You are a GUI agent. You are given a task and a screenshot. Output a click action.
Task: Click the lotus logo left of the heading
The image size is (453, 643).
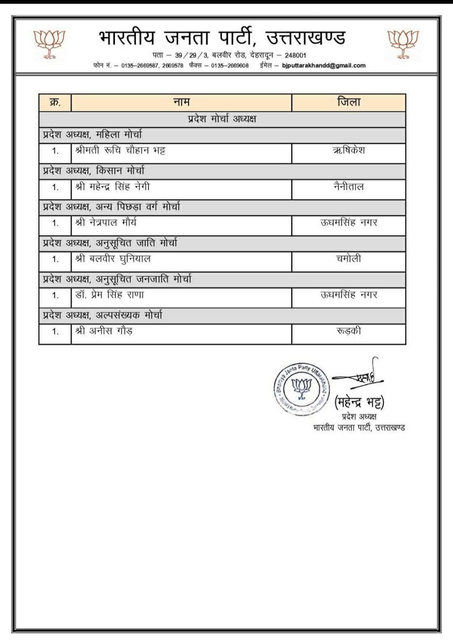pyautogui.click(x=49, y=43)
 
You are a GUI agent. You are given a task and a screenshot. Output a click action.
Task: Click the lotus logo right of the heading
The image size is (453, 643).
pyautogui.click(x=402, y=43)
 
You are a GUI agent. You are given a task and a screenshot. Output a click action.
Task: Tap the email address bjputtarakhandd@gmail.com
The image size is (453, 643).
pyautogui.click(x=324, y=65)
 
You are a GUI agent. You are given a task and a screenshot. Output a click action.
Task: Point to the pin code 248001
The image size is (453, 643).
pyautogui.click(x=296, y=55)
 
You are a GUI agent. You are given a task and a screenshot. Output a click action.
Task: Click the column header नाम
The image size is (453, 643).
pyautogui.click(x=181, y=102)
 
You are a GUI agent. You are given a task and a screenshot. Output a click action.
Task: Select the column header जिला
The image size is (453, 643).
pyautogui.click(x=349, y=102)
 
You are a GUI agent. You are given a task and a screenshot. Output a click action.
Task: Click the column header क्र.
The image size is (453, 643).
pyautogui.click(x=55, y=102)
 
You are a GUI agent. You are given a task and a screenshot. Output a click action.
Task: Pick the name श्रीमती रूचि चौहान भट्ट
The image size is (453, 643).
pyautogui.click(x=120, y=150)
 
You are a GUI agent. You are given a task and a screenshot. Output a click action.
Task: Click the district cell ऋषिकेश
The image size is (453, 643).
pyautogui.click(x=349, y=150)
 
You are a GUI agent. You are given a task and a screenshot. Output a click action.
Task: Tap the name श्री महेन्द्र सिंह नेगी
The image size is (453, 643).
pyautogui.click(x=112, y=187)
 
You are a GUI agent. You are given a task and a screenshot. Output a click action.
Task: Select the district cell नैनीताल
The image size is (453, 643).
pyautogui.click(x=349, y=187)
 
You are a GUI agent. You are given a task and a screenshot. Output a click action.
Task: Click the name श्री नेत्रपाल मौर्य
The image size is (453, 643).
pyautogui.click(x=106, y=223)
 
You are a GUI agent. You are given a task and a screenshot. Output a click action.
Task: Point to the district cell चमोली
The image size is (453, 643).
pyautogui.click(x=349, y=259)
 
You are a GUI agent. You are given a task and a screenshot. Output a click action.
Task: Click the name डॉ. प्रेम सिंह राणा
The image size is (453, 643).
pyautogui.click(x=109, y=295)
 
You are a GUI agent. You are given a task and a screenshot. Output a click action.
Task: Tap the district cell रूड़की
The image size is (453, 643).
pyautogui.click(x=349, y=331)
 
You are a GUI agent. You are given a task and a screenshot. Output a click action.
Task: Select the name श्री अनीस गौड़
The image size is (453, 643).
pyautogui.click(x=104, y=331)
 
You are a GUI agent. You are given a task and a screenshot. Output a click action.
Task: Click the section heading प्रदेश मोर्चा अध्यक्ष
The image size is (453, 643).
pyautogui.click(x=222, y=119)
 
